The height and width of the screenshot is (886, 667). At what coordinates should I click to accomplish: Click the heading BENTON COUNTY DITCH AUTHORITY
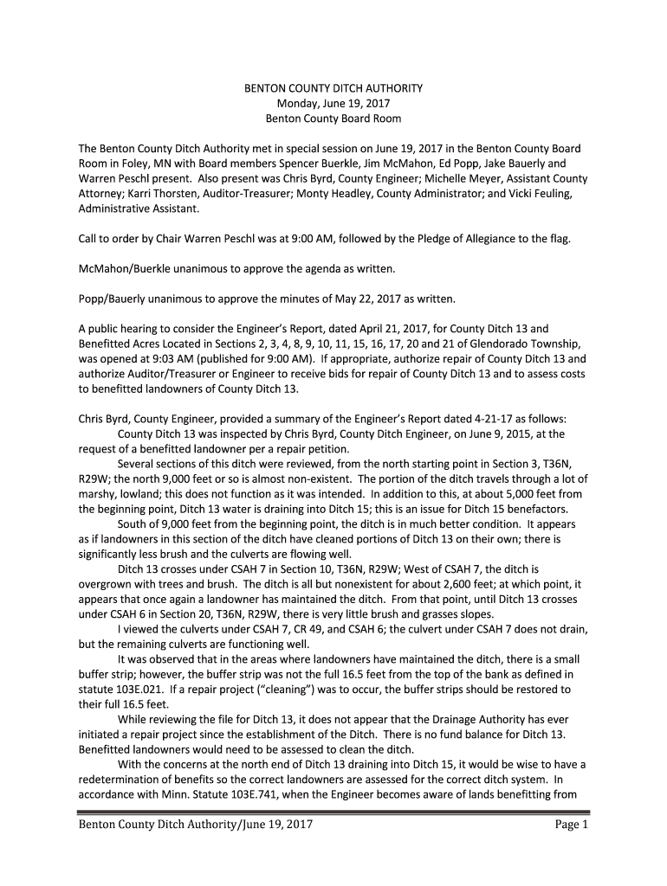(333, 88)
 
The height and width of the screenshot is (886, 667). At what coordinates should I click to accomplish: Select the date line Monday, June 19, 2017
(333, 103)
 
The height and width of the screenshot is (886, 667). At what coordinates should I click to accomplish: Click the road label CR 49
(333, 629)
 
